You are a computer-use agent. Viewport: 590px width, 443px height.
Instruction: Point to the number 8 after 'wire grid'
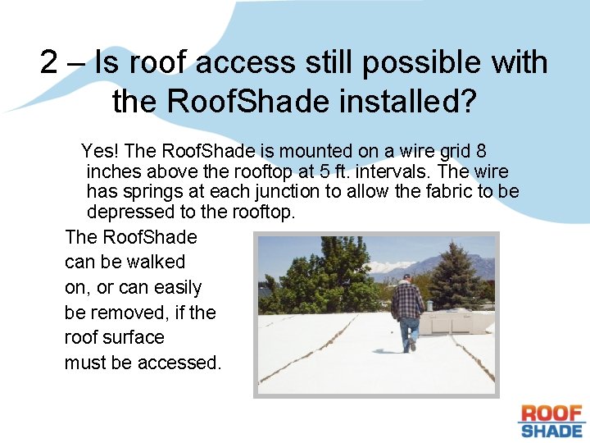click(482, 151)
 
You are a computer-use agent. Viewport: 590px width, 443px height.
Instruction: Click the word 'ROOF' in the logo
click(551, 413)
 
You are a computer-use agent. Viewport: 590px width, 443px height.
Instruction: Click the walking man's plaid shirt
click(406, 302)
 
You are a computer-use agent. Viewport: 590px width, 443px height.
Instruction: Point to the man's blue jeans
click(409, 331)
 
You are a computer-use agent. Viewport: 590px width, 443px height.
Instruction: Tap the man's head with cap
click(406, 280)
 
